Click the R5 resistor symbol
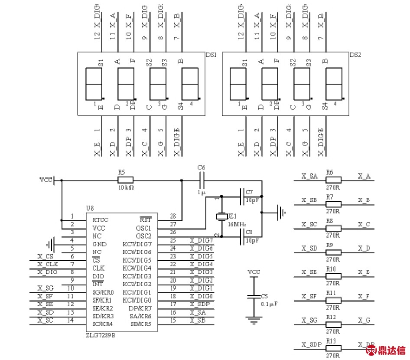pos(125,180)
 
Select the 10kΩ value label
pos(125,188)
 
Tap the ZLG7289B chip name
pos(101,335)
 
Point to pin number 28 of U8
pos(173,216)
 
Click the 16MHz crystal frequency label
pos(237,224)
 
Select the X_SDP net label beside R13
pos(311,344)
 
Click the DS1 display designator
pos(211,55)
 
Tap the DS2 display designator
pos(355,55)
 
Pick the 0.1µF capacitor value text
pos(269,304)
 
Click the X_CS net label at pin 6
pos(46,257)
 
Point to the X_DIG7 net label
pos(202,240)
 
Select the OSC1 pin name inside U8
pos(143,228)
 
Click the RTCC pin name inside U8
pos(100,220)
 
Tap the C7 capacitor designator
pos(249,191)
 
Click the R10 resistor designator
pos(331,269)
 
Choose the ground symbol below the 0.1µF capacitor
pos(254,321)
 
